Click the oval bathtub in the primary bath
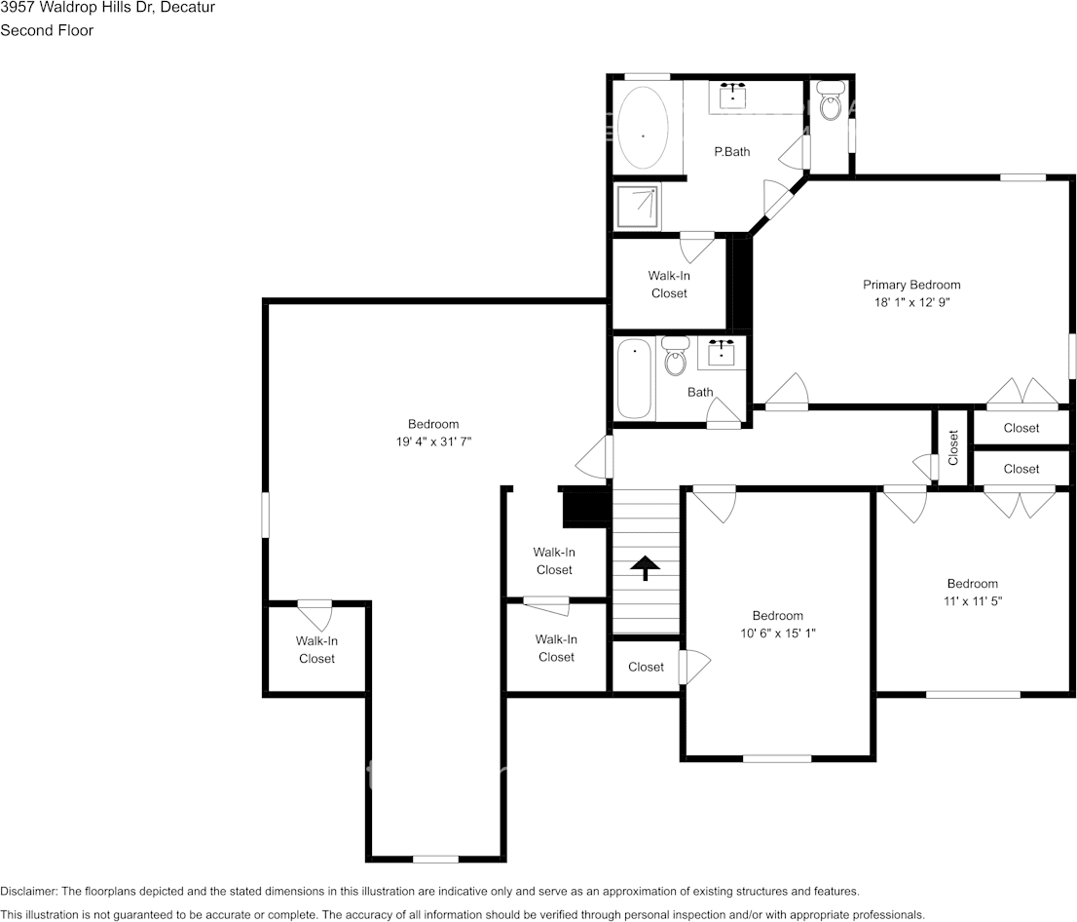pyautogui.click(x=643, y=128)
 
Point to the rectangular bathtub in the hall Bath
pyautogui.click(x=634, y=378)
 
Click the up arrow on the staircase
pyautogui.click(x=645, y=567)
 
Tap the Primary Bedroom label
pyautogui.click(x=911, y=285)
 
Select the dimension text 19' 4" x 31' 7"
pyautogui.click(x=433, y=442)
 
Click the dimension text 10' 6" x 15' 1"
pyautogui.click(x=777, y=633)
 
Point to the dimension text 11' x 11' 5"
pyautogui.click(x=973, y=601)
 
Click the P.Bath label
pyautogui.click(x=731, y=151)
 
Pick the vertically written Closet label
pyautogui.click(x=953, y=446)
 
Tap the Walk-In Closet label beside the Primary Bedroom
pyautogui.click(x=669, y=285)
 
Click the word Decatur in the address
pyautogui.click(x=192, y=8)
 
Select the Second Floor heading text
pyautogui.click(x=47, y=30)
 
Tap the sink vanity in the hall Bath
pyautogui.click(x=722, y=352)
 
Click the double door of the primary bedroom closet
pyautogui.click(x=1021, y=395)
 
